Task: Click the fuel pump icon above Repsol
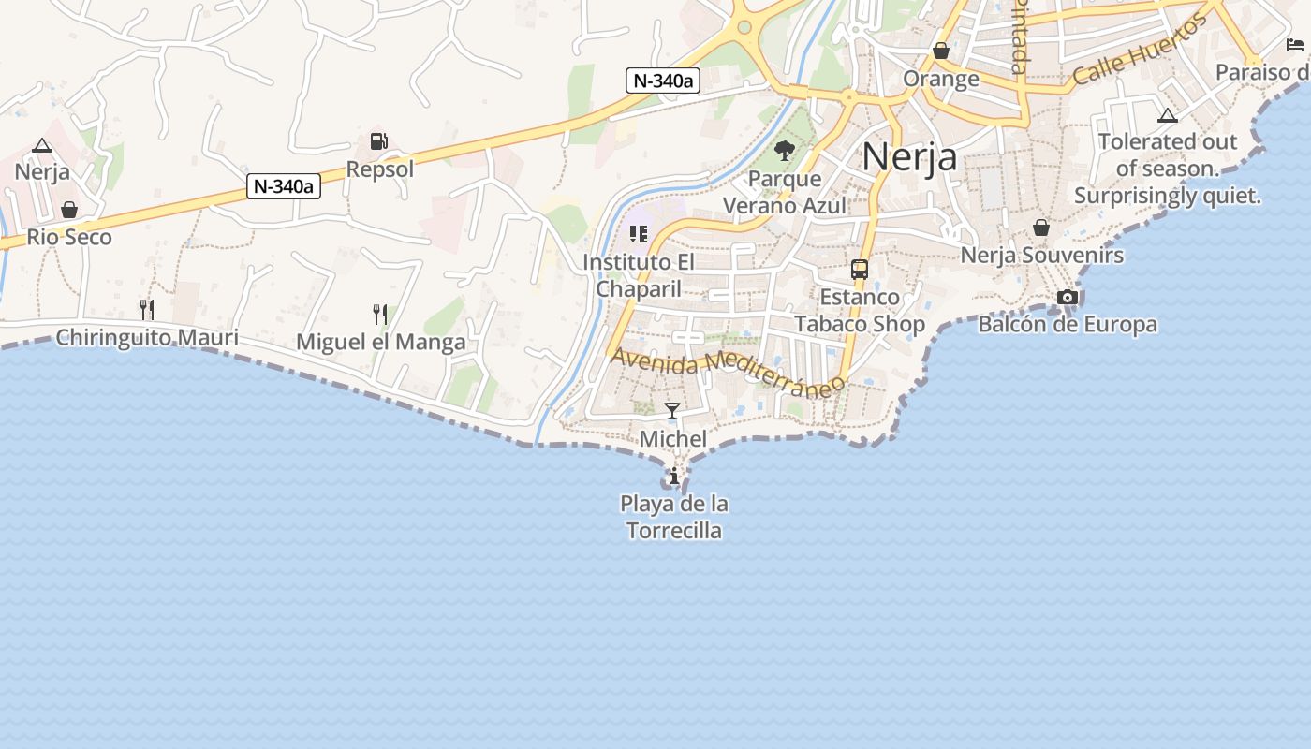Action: point(378,141)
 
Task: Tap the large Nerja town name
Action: point(909,156)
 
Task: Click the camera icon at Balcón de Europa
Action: point(1067,298)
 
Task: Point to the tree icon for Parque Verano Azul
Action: point(784,150)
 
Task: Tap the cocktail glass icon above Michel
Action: point(672,410)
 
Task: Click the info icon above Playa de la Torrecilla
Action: point(673,477)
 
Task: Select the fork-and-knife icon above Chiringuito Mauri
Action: point(146,309)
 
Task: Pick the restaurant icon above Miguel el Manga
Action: point(379,313)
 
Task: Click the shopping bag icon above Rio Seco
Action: point(69,209)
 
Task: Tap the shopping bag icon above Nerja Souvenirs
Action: point(1041,228)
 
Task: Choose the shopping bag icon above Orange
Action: point(941,51)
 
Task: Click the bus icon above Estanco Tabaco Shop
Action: point(859,270)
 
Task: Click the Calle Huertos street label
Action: point(1140,50)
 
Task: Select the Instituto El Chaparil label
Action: point(639,275)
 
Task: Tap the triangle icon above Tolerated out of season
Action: point(1167,116)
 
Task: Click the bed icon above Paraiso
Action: point(1295,45)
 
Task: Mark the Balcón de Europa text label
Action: point(1068,325)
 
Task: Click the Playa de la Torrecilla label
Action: point(674,517)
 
